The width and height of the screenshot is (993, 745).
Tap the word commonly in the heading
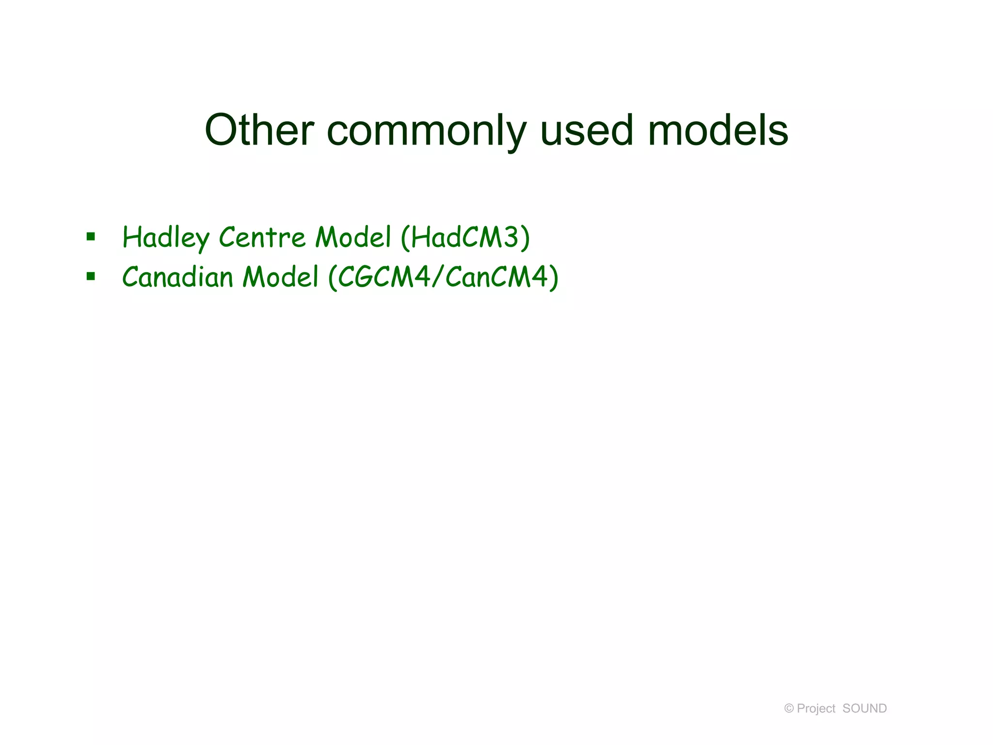tap(426, 131)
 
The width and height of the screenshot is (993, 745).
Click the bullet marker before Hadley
tap(91, 237)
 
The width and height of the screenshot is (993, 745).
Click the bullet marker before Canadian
tap(91, 276)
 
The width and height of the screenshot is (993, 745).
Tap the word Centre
tap(262, 237)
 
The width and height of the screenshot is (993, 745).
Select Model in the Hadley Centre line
tap(353, 237)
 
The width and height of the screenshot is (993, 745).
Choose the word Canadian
tap(177, 277)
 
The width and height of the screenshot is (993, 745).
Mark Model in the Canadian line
tap(280, 277)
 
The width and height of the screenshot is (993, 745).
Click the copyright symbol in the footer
tap(789, 709)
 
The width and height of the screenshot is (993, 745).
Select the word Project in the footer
tap(816, 709)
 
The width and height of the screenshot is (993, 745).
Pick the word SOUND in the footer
tap(865, 709)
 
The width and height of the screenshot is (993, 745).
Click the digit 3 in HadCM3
tap(510, 237)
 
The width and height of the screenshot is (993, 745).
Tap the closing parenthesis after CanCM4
tap(553, 277)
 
